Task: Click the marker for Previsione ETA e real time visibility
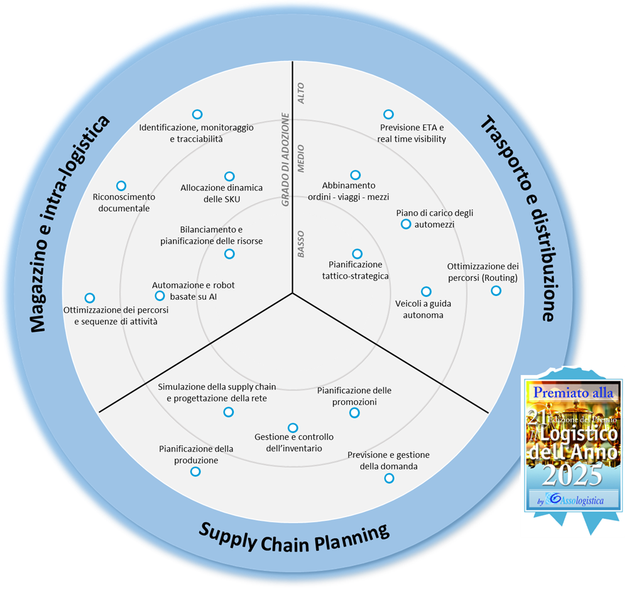[x=388, y=114]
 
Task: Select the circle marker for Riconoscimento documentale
[x=121, y=186]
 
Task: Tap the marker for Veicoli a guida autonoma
[x=426, y=292]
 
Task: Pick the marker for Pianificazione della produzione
[x=195, y=471]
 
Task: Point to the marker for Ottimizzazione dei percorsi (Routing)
[x=496, y=290]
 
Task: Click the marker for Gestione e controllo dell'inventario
[x=293, y=428]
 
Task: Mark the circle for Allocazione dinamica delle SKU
[x=229, y=177]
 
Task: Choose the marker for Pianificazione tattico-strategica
[x=357, y=254]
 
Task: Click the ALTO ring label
[x=301, y=93]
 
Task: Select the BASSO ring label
[x=301, y=244]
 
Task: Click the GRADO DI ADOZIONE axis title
[x=285, y=160]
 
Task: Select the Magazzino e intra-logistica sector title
[x=69, y=224]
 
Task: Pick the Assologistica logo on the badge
[x=572, y=500]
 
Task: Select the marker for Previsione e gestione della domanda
[x=389, y=478]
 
